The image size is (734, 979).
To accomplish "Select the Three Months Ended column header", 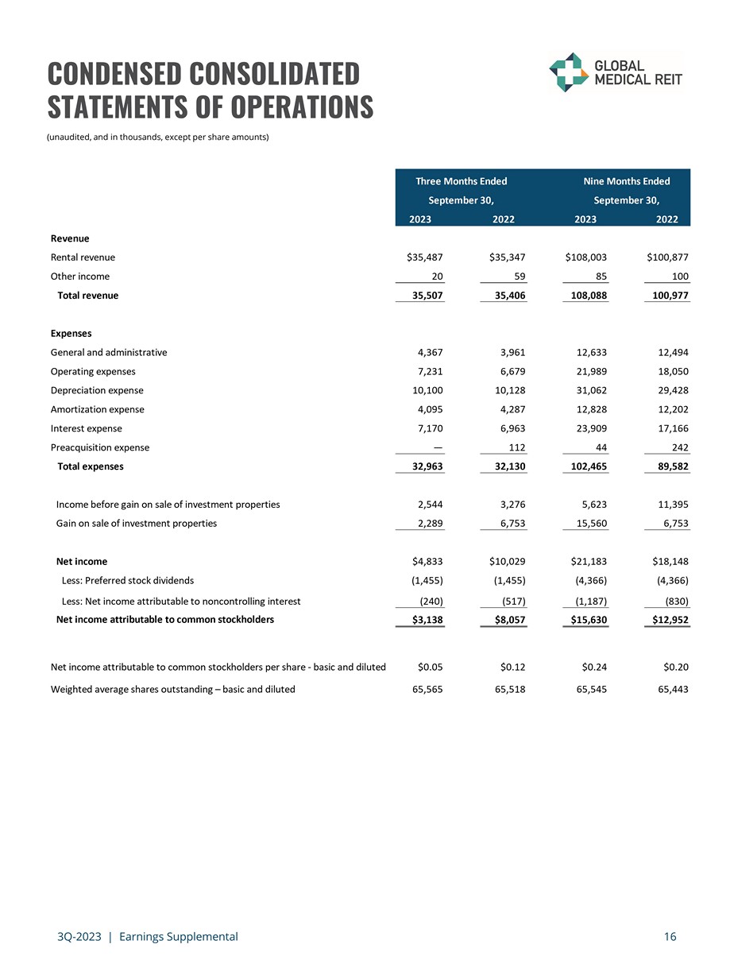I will pyautogui.click(x=461, y=181).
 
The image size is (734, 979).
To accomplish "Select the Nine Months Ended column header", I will pyautogui.click(x=626, y=181).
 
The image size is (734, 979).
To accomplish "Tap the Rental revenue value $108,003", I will pyautogui.click(x=586, y=257).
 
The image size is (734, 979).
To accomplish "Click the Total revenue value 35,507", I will pyautogui.click(x=425, y=296).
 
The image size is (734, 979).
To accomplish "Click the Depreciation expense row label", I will pyautogui.click(x=97, y=390).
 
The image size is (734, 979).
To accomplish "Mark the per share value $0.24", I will pyautogui.click(x=595, y=667).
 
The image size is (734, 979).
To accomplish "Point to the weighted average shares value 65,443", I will pyautogui.click(x=672, y=689).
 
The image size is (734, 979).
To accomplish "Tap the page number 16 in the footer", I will pyautogui.click(x=670, y=937).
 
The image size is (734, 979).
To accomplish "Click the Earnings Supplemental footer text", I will pyautogui.click(x=178, y=937).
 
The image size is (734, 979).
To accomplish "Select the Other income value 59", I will pyautogui.click(x=518, y=277).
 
